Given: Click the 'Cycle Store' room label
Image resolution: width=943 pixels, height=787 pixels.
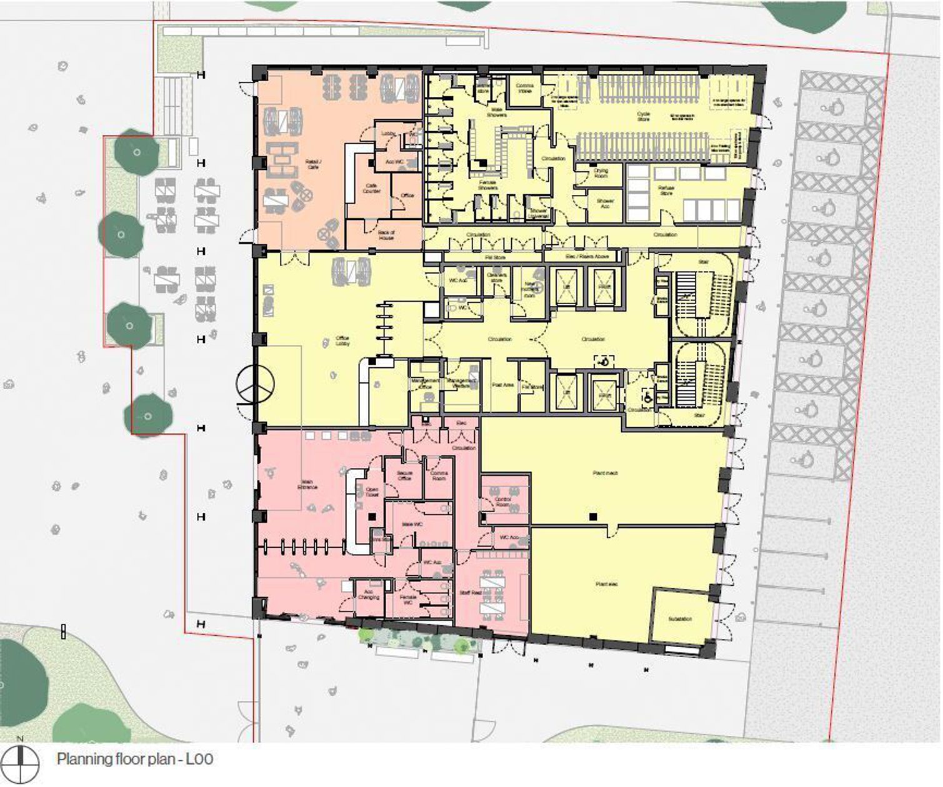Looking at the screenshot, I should click(x=644, y=116).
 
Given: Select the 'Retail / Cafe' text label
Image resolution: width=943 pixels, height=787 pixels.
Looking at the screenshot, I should click(x=313, y=164).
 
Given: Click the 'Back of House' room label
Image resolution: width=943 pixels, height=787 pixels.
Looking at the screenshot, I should click(x=386, y=235).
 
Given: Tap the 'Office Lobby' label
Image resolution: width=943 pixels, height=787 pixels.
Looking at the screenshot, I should click(x=342, y=341).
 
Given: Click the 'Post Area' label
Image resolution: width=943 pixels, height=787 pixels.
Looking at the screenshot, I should click(x=503, y=385).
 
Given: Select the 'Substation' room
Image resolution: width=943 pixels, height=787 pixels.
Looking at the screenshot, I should click(x=680, y=619).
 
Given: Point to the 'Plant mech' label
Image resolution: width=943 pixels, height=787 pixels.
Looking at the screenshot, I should click(x=605, y=473).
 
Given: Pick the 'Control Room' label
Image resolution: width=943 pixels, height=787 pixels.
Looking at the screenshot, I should click(x=503, y=502).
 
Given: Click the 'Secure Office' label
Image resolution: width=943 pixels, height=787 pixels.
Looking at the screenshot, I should click(x=404, y=476).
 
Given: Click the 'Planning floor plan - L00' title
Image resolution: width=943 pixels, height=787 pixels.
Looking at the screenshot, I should click(x=135, y=760).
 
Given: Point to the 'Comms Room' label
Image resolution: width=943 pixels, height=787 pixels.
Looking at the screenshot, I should click(x=439, y=476).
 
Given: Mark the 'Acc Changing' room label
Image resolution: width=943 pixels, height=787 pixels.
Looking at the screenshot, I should click(x=369, y=595).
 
